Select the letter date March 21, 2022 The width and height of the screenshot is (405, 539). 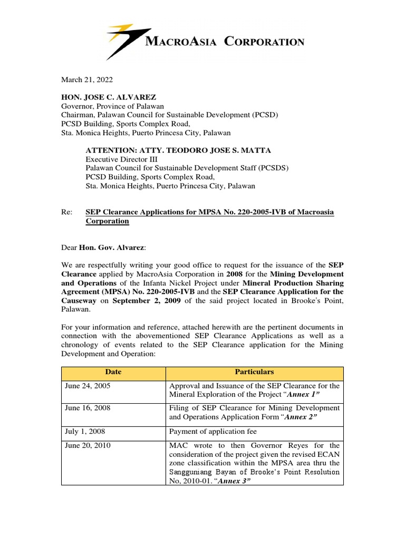point(87,79)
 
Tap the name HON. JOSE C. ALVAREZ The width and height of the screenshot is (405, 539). point(109,97)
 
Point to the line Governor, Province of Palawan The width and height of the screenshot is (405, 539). point(113,106)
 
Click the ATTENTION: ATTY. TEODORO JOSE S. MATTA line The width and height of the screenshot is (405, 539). point(178,151)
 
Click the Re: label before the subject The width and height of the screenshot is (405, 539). point(66,212)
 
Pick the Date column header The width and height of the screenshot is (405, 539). point(113,372)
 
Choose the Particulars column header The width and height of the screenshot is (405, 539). point(255,372)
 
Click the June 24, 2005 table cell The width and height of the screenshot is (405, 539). point(88,386)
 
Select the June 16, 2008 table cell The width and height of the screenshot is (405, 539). point(88,408)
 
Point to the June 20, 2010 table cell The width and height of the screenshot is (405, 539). point(88,445)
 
